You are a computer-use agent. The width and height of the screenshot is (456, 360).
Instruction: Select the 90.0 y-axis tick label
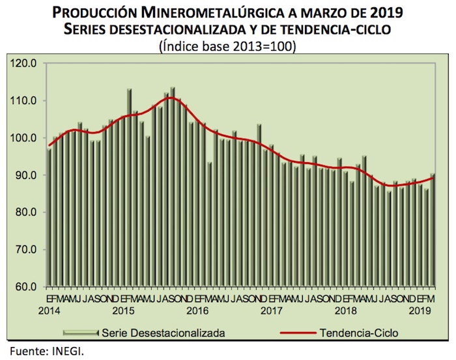click(25, 175)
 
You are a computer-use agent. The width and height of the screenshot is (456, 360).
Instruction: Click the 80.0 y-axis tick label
click(25, 213)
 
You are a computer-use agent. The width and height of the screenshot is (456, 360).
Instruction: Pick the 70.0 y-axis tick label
click(25, 250)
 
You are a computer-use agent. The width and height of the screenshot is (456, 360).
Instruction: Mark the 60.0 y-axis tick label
click(25, 287)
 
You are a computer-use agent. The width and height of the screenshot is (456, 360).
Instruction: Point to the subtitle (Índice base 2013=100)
click(228, 46)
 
